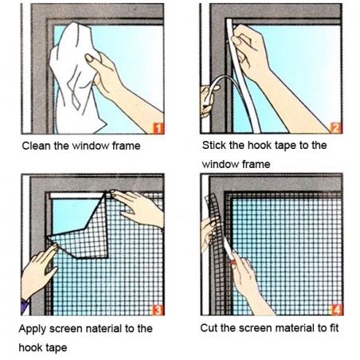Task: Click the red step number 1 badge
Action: click(158, 127)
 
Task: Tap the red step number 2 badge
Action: click(335, 127)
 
